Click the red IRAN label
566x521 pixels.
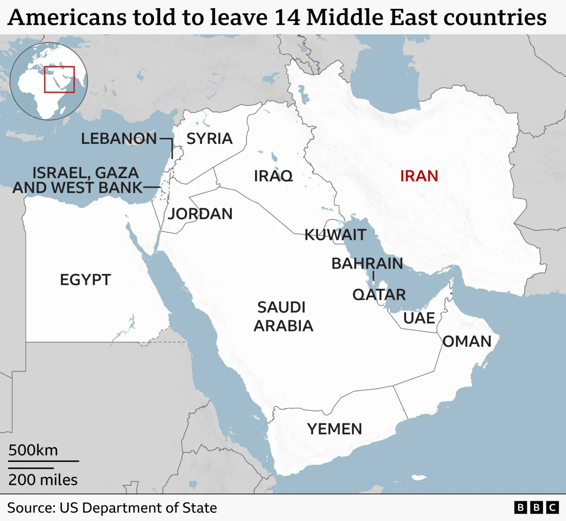[x=419, y=176]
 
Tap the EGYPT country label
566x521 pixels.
[x=85, y=280]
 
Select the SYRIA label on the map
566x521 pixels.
[x=209, y=139]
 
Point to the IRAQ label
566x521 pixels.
[x=273, y=176]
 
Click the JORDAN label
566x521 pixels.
[x=200, y=214]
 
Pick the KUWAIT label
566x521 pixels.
[x=335, y=235]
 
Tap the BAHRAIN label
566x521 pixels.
[x=367, y=264]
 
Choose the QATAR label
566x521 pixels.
[x=379, y=295]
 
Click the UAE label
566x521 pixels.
[x=419, y=318]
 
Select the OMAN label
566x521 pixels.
[x=467, y=342]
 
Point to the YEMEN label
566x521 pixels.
[x=335, y=429]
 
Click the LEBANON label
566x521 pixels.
[x=119, y=139]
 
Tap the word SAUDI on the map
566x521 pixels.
[x=282, y=307]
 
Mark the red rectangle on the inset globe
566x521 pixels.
[x=59, y=79]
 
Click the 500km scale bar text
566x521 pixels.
[x=33, y=450]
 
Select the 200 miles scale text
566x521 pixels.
[x=43, y=480]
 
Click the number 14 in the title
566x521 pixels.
[x=287, y=17]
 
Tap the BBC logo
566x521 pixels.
[x=536, y=507]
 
